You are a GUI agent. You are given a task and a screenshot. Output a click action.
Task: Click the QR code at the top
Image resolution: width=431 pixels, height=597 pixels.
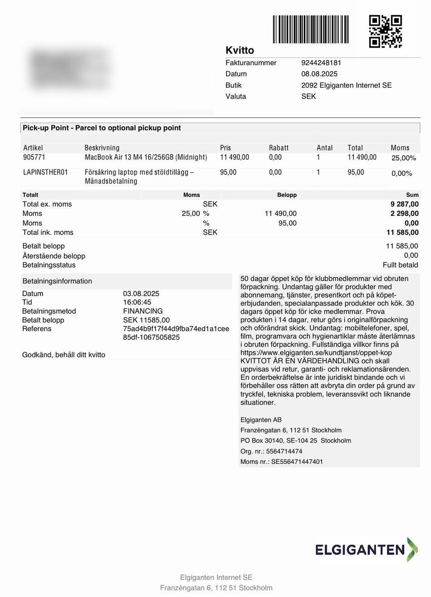tap(385, 31)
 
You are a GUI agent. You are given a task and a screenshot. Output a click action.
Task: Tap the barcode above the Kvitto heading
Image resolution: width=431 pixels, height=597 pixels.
tap(310, 30)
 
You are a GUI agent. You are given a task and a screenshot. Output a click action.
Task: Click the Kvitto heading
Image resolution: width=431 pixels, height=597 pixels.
tap(240, 50)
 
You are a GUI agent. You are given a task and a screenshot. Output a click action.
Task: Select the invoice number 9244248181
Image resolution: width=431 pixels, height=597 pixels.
tap(321, 63)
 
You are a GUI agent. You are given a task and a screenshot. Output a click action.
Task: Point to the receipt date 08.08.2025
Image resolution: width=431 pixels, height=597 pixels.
tap(319, 74)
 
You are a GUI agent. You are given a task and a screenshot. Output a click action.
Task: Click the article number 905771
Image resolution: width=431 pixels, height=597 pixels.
tap(34, 157)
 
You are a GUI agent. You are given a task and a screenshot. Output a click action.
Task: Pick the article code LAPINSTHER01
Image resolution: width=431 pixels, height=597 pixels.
tap(45, 172)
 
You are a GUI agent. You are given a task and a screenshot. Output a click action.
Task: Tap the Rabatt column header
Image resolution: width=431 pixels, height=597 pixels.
tap(278, 148)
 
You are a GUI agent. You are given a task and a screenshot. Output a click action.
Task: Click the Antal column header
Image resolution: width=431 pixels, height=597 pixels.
tap(325, 148)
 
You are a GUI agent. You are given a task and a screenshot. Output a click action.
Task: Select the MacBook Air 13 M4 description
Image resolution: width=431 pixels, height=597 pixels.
tap(146, 157)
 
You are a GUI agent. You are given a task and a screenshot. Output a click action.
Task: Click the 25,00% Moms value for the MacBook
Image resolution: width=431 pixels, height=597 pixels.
tap(404, 158)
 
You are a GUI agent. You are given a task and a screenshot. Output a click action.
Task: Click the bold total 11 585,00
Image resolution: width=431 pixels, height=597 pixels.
tap(402, 232)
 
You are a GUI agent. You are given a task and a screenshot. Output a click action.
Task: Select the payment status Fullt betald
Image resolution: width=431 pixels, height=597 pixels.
tap(400, 265)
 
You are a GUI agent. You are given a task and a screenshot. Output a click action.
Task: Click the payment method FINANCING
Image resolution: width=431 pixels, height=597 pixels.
tap(143, 311)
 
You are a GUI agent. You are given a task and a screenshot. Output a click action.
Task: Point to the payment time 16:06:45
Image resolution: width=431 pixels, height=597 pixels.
tap(137, 303)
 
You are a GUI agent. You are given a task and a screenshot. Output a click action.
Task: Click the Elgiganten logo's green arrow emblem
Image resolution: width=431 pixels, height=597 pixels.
tap(412, 549)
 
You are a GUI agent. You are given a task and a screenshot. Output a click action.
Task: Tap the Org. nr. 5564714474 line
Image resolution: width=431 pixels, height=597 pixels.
tap(271, 451)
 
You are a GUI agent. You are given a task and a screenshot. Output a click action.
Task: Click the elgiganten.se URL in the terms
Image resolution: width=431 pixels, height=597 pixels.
tap(316, 353)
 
